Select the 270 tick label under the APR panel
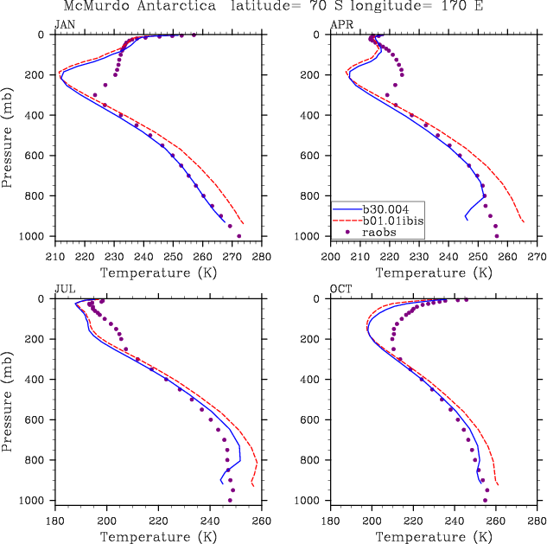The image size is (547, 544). (537, 257)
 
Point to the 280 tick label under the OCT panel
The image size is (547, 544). (537, 522)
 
